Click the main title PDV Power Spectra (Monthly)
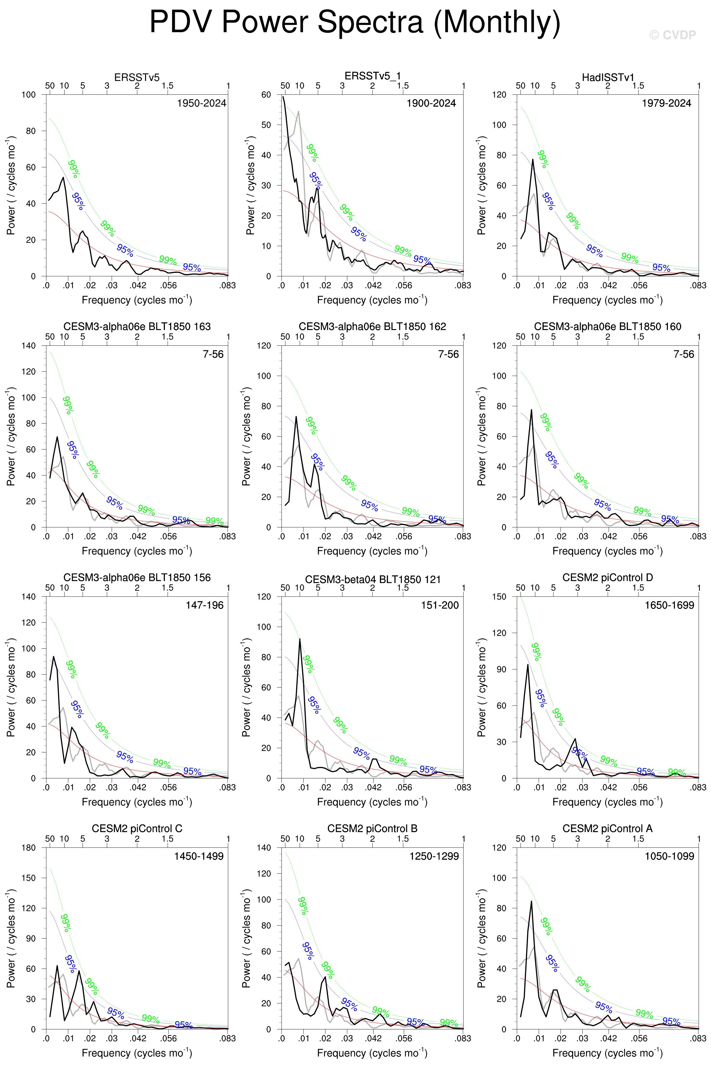(x=355, y=22)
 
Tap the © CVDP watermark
(x=672, y=35)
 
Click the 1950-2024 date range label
(x=201, y=103)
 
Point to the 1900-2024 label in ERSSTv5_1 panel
(x=431, y=103)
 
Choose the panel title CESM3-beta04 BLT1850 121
(x=373, y=579)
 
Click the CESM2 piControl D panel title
(x=608, y=578)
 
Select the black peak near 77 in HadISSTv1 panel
(x=533, y=159)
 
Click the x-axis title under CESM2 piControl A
(x=608, y=1053)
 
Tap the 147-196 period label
(x=204, y=605)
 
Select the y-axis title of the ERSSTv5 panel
(x=11, y=185)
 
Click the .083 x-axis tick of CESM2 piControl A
(x=698, y=1039)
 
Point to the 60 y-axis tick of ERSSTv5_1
(x=266, y=95)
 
